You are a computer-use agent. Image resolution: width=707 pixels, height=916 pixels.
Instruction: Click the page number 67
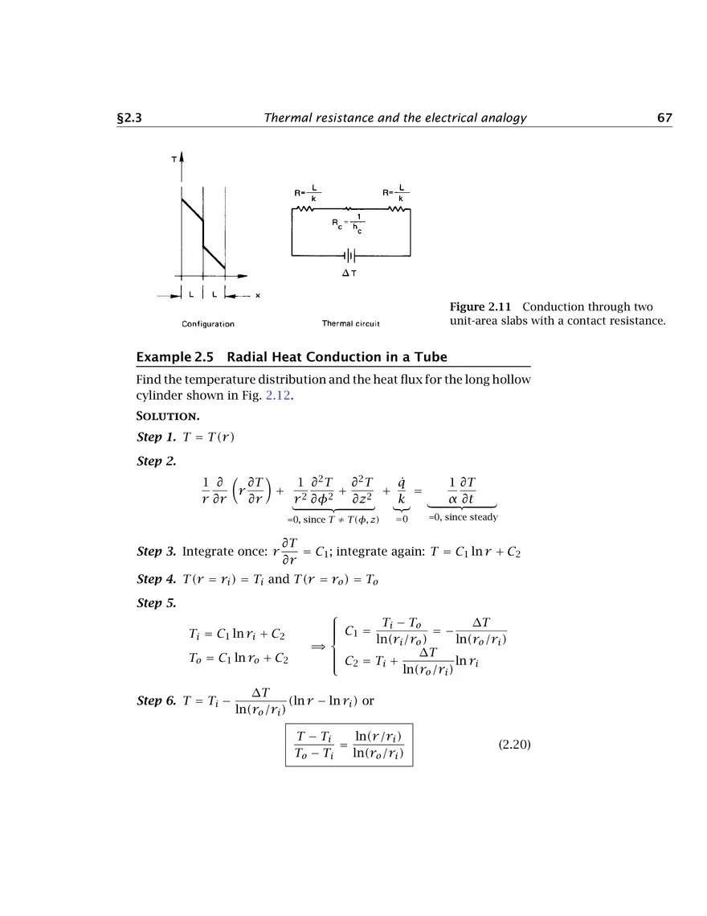(x=664, y=118)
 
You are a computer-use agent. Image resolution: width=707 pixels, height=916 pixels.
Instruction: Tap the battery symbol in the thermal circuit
(x=351, y=256)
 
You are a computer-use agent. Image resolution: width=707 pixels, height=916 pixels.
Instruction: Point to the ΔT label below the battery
(x=350, y=273)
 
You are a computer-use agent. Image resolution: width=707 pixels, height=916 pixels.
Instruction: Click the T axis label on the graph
(x=174, y=160)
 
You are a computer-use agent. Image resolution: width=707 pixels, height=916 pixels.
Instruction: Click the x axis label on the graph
(x=257, y=295)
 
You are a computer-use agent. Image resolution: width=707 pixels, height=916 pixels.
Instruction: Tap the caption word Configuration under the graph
(x=207, y=324)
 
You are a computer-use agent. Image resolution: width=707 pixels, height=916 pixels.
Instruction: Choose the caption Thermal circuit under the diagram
(x=350, y=324)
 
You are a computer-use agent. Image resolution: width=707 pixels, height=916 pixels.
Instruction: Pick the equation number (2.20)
(x=514, y=745)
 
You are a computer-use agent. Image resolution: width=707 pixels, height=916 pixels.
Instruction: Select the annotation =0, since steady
(x=463, y=517)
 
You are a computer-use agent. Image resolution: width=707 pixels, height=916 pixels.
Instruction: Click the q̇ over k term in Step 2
(x=402, y=491)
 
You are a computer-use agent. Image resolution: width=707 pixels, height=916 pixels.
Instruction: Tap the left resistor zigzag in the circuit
(x=306, y=209)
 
